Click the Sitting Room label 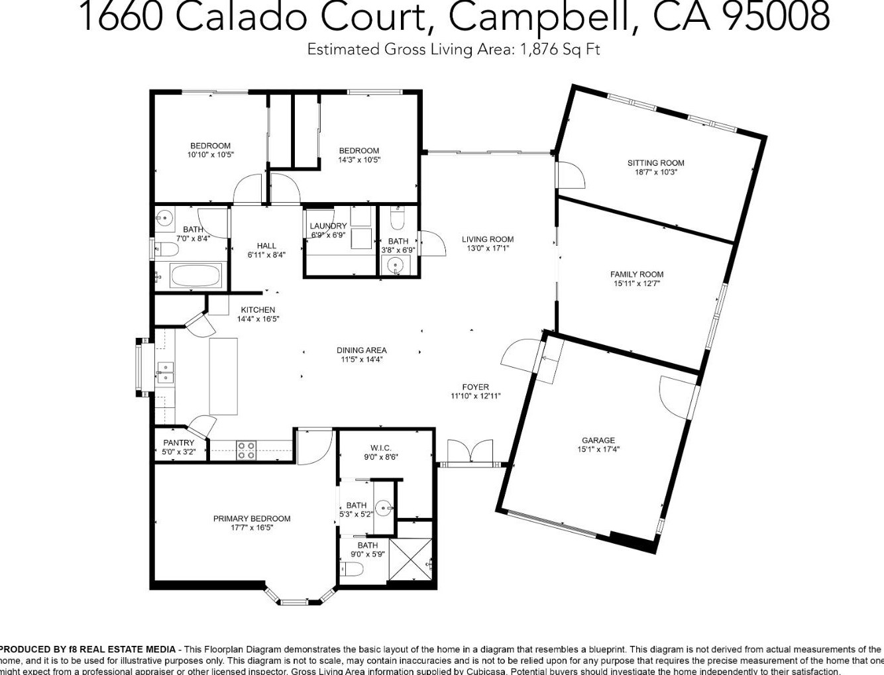click(655, 163)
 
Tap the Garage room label click(598, 441)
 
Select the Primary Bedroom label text click(251, 519)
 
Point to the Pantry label click(178, 443)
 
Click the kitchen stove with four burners click(247, 450)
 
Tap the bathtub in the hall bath click(195, 276)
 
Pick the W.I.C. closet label click(380, 447)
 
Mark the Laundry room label click(328, 226)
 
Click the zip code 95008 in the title click(775, 17)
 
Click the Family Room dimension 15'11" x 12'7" click(636, 284)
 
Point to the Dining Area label click(361, 350)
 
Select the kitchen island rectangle click(223, 376)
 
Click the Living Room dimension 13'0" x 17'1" click(487, 248)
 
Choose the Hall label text click(266, 246)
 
